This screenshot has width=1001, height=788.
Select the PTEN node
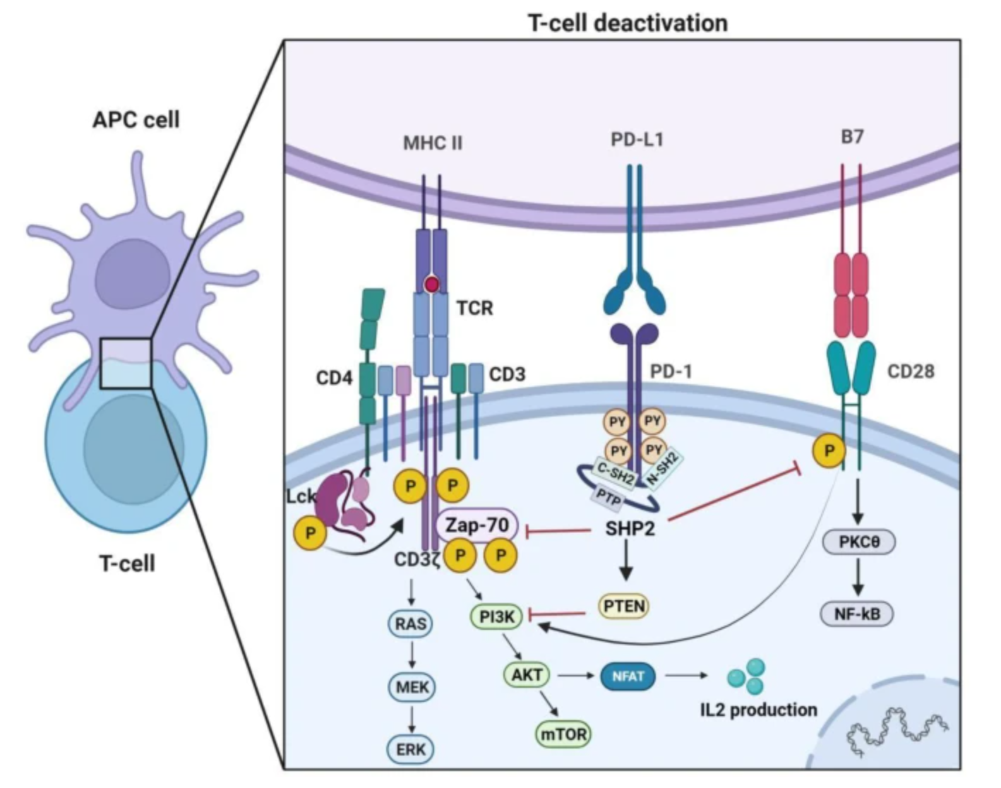pos(624,607)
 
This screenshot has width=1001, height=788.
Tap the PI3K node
pos(496,617)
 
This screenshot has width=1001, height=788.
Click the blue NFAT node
pos(628,676)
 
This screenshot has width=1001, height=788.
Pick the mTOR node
pos(563,734)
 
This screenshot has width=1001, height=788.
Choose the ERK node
pos(411,749)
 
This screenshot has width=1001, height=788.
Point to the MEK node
pos(412,686)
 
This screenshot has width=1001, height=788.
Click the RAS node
pos(411,623)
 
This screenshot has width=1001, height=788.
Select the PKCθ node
pos(858,542)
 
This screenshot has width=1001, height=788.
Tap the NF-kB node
pos(857,614)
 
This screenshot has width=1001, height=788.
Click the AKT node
pos(527,675)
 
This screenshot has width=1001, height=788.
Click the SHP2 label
pos(630,528)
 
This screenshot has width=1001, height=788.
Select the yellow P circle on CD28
pos(829,450)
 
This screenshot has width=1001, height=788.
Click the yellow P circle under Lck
pos(310,533)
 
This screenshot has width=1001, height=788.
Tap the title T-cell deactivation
pos(628,23)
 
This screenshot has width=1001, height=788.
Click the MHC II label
pos(433,143)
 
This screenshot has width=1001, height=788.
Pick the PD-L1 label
pos(637,140)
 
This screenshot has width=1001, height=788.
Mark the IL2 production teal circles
pos(747,676)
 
